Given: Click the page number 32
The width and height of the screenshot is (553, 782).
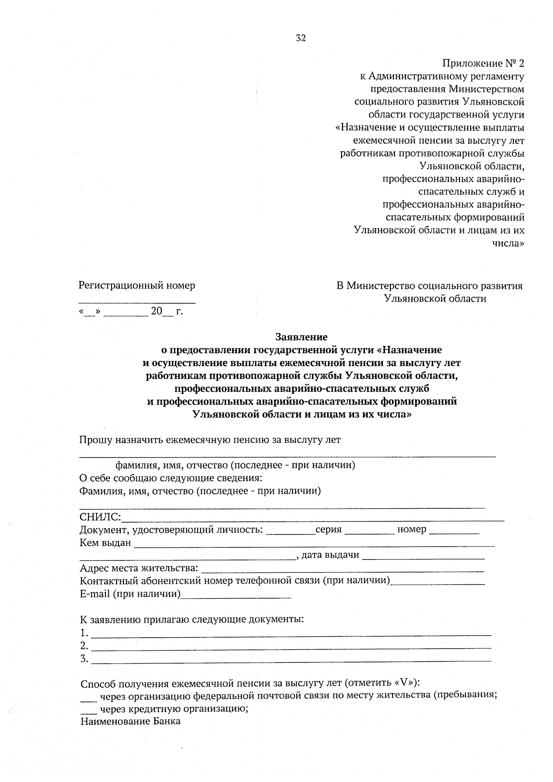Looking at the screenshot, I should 300,38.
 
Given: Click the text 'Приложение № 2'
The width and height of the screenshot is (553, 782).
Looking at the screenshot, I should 483,63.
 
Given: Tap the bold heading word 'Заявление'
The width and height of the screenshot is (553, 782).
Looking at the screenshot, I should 301,337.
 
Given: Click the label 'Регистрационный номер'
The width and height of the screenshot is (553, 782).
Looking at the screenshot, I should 137,286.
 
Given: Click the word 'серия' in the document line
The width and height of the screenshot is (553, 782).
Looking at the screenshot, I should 329,529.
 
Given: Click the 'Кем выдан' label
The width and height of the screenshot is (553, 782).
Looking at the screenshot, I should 106,543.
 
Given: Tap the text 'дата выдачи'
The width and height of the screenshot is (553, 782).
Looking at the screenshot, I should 330,555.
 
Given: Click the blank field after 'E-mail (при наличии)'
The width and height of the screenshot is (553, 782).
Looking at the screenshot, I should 236,596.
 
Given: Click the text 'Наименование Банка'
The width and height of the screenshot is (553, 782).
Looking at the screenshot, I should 130,722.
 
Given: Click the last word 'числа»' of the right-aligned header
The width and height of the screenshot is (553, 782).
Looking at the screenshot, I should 508,243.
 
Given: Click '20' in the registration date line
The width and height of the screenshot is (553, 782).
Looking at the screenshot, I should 157,312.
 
